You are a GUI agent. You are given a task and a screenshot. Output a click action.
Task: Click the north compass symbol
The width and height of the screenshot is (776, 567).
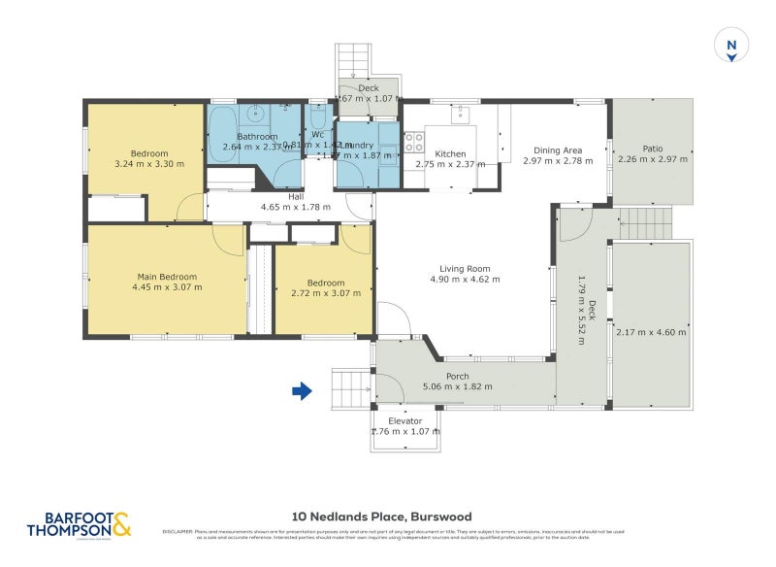[732, 46]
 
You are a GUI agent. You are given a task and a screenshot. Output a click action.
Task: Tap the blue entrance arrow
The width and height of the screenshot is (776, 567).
[303, 391]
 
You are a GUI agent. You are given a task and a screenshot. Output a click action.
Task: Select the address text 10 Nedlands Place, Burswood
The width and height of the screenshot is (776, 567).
[381, 517]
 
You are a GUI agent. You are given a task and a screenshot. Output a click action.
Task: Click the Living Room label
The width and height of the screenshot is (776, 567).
[465, 269]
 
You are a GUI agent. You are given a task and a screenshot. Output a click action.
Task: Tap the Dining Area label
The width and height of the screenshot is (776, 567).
[558, 150]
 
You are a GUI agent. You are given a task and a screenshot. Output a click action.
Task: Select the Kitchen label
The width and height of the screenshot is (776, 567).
[450, 154]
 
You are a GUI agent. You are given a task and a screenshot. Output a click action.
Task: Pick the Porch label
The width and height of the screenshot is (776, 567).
[457, 376]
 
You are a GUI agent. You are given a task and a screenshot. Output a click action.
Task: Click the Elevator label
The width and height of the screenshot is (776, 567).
[405, 420]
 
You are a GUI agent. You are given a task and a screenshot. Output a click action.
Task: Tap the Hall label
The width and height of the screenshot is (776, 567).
[295, 195]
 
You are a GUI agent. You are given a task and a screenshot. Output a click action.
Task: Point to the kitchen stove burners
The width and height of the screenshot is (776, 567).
[414, 142]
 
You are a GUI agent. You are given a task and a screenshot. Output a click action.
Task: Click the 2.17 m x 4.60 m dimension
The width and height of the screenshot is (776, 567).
[651, 332]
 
